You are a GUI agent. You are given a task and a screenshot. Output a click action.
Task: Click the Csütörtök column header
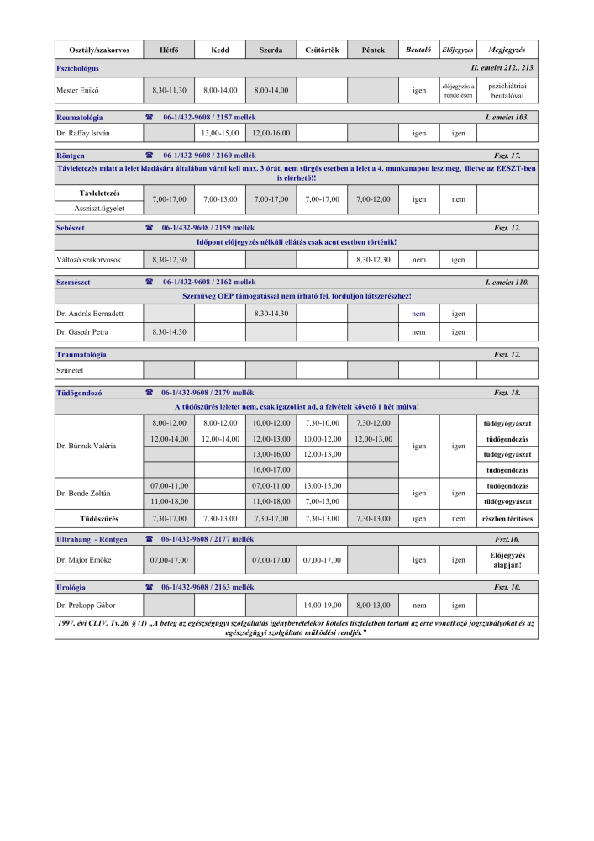tap(322, 50)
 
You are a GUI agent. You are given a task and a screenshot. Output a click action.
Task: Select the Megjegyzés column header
tap(507, 50)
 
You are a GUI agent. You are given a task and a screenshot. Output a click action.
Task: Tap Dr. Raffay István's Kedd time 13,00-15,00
tap(220, 133)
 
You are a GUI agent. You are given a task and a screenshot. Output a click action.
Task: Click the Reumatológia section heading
tap(79, 117)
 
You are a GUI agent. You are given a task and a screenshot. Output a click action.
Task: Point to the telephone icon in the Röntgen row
tap(150, 156)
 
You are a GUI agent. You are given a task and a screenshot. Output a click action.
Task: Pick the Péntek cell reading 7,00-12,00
tap(373, 200)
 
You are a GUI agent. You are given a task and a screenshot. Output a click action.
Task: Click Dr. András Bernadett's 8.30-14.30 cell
tap(271, 314)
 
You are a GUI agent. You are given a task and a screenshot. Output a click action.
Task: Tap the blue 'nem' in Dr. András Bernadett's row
tap(418, 314)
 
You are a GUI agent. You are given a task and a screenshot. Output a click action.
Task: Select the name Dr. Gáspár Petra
tap(82, 332)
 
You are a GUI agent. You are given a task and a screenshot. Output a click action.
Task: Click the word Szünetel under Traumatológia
tap(70, 370)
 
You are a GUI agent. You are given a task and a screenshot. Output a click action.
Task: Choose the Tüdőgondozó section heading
tap(79, 393)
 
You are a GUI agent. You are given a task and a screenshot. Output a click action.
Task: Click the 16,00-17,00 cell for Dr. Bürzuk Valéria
tap(271, 469)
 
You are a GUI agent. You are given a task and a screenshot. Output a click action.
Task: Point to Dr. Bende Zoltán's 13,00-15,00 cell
tap(322, 486)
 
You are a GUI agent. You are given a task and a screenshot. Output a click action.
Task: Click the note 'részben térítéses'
tap(507, 519)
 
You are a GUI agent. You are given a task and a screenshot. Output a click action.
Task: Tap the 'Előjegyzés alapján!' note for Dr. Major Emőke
tap(507, 560)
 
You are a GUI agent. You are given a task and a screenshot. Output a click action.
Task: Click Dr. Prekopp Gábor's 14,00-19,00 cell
tap(322, 605)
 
